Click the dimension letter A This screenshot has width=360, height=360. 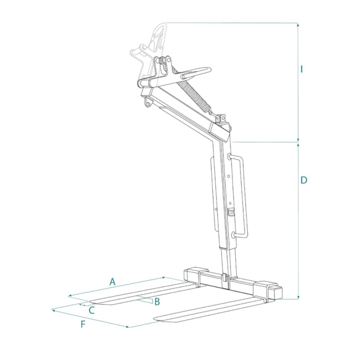pos(112,282)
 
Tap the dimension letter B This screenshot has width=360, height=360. pos(157,301)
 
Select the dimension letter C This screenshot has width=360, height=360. pos(91,310)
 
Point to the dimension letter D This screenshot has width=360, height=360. pos(304,180)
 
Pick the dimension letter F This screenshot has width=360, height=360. pos(83,324)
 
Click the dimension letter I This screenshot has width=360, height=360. pos(302,69)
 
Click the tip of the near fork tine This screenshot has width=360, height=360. pos(154,318)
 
